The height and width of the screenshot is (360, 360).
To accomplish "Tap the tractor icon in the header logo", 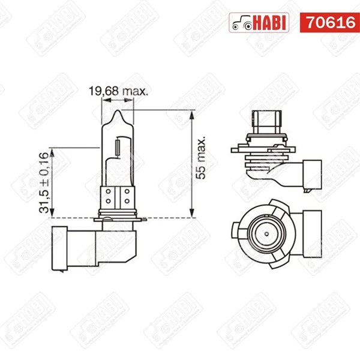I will (242, 23).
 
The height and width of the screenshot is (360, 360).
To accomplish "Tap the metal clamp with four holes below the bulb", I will (117, 194).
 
